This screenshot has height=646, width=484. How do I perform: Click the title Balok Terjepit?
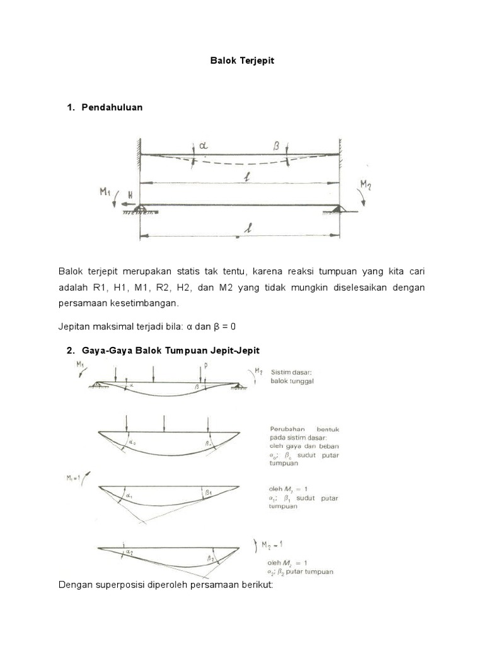click(x=243, y=62)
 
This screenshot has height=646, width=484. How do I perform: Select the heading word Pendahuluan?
click(x=112, y=107)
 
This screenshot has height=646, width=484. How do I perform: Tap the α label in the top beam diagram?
click(x=202, y=146)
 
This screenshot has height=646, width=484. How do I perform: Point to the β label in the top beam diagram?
click(x=276, y=145)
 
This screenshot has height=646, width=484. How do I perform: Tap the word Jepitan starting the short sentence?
click(x=76, y=326)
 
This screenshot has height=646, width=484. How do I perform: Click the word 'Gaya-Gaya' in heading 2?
click(x=104, y=350)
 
